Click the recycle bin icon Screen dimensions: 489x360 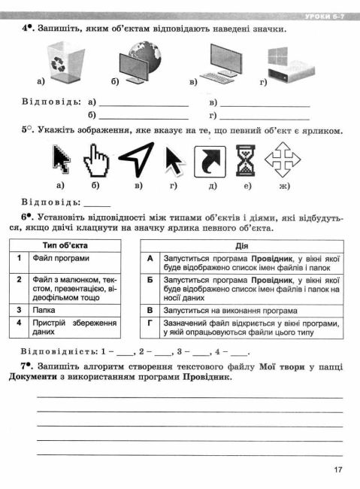point(59,62)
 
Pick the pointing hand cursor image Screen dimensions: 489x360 point(97,159)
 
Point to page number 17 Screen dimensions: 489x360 point(337,471)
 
